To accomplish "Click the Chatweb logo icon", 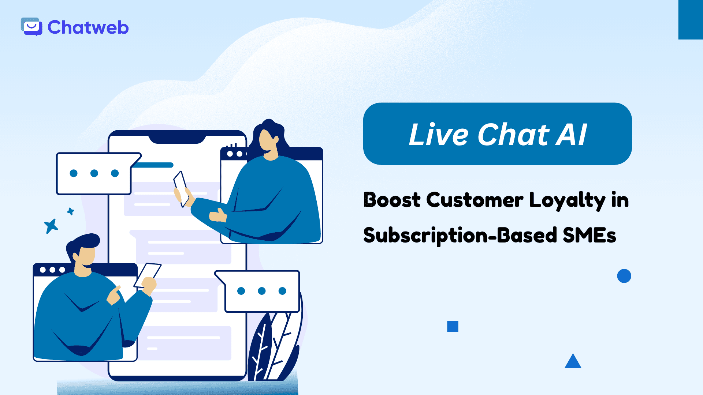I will [31, 27].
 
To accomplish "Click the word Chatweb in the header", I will [88, 27].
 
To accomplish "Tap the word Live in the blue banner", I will [438, 135].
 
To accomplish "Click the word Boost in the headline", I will [392, 200].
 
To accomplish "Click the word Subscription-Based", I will [460, 235].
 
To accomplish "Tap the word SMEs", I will [589, 235].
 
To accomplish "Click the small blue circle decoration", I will [624, 276].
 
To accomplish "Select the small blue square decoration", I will [453, 326].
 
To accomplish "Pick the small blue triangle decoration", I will [573, 362].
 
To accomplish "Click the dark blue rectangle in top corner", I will [691, 19].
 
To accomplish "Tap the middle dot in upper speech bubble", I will [94, 173].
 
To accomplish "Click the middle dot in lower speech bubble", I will [261, 291].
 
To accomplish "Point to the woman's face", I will [267, 142].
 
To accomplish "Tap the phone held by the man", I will [148, 274].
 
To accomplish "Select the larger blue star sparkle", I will [51, 226].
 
